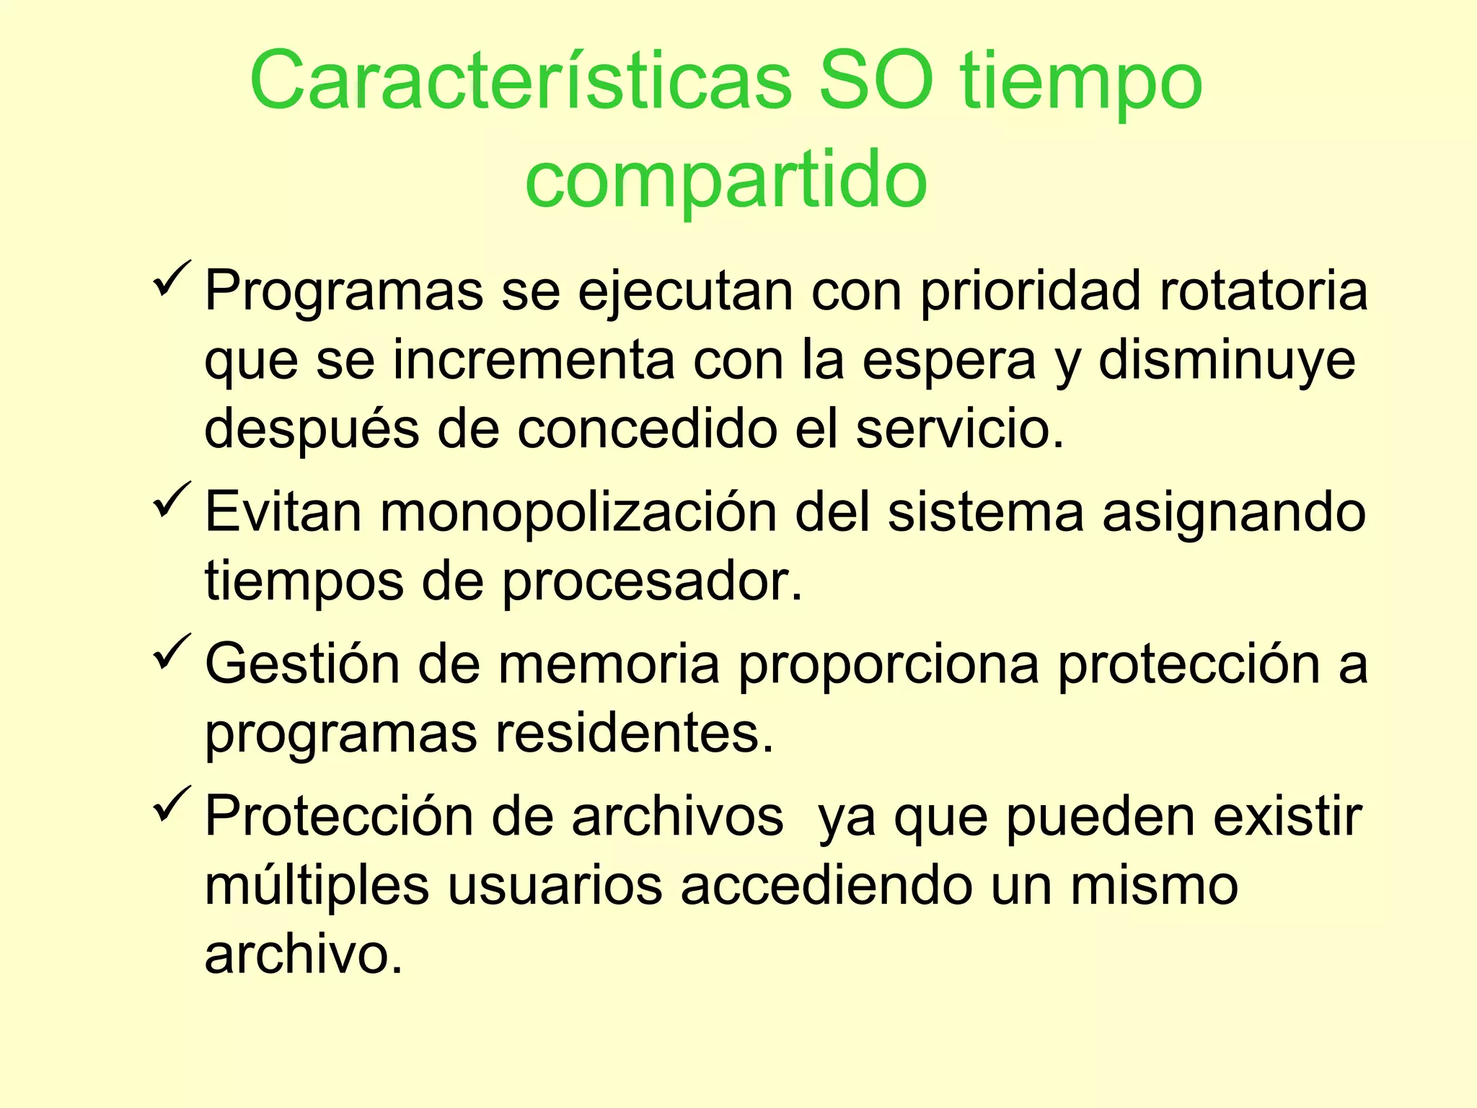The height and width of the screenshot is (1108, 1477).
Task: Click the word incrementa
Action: click(x=534, y=360)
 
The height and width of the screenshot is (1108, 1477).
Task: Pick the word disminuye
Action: click(x=1226, y=360)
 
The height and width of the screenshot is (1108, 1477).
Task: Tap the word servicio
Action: click(x=960, y=429)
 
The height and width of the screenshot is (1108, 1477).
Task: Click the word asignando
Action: click(x=1233, y=512)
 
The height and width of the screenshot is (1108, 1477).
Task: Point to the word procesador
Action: click(x=652, y=581)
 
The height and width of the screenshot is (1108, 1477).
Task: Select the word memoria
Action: click(x=609, y=664)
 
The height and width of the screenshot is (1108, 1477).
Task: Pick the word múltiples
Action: click(x=317, y=886)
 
